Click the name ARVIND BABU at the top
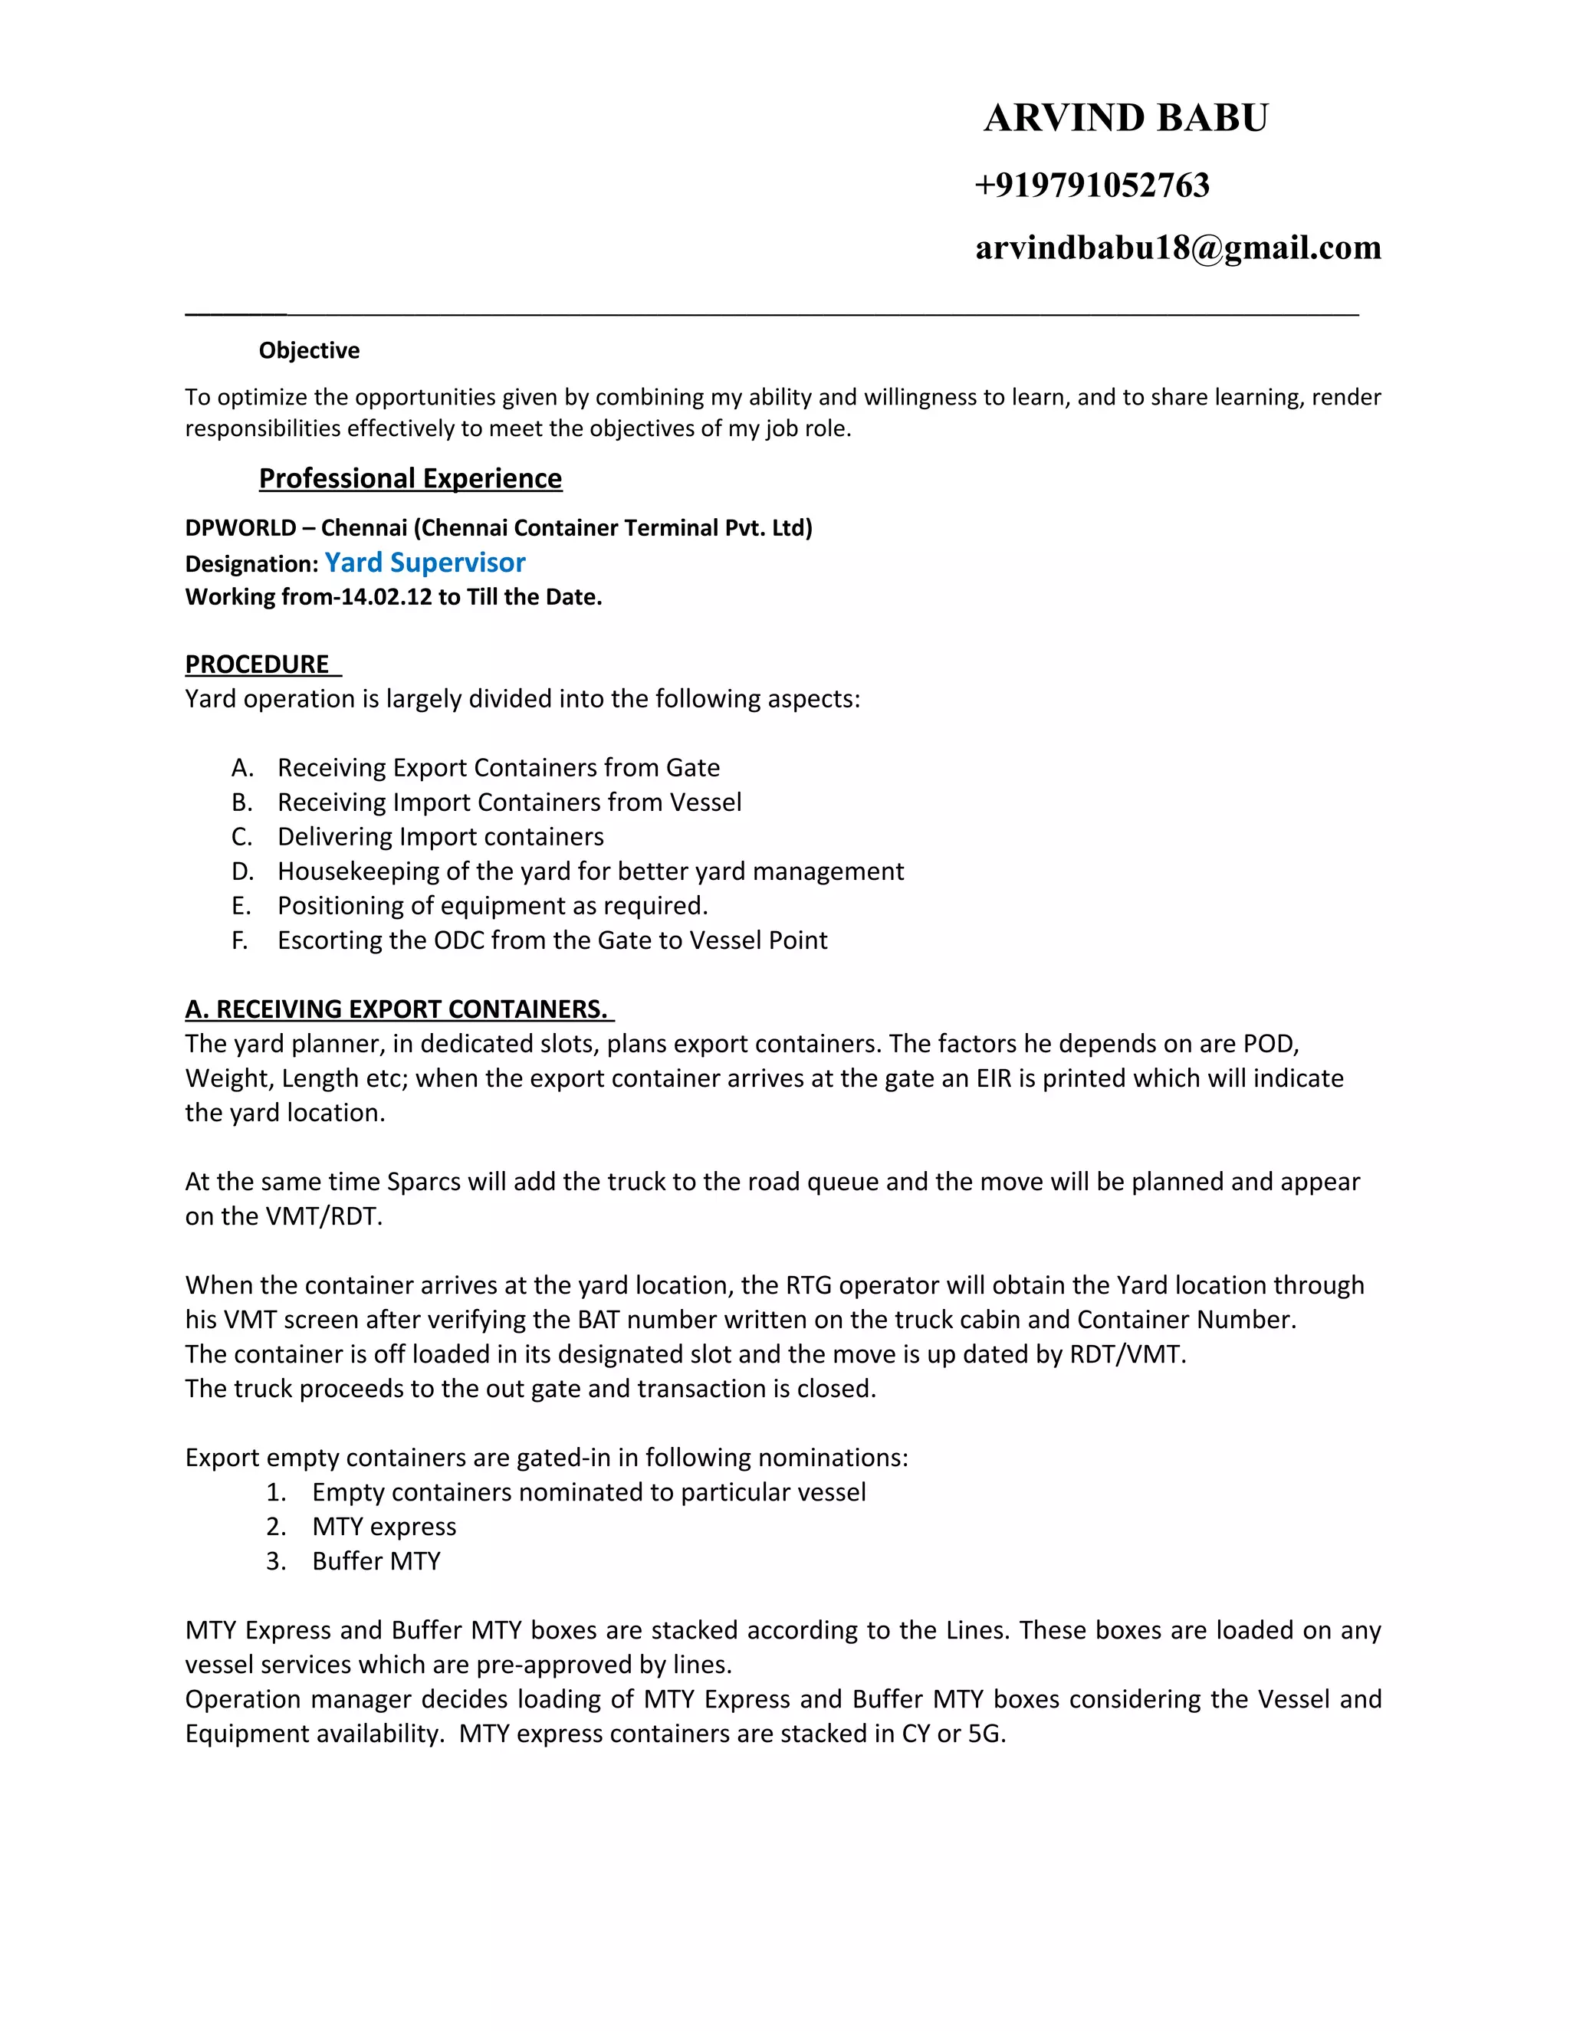[x=1125, y=118]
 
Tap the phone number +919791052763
[x=1092, y=185]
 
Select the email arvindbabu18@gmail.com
[x=1177, y=248]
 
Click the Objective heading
[x=309, y=350]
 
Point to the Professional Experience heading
[x=410, y=478]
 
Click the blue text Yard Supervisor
[x=425, y=563]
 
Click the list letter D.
[x=241, y=871]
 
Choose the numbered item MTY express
[x=384, y=1526]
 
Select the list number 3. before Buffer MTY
[x=275, y=1560]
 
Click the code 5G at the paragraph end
[x=985, y=1734]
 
